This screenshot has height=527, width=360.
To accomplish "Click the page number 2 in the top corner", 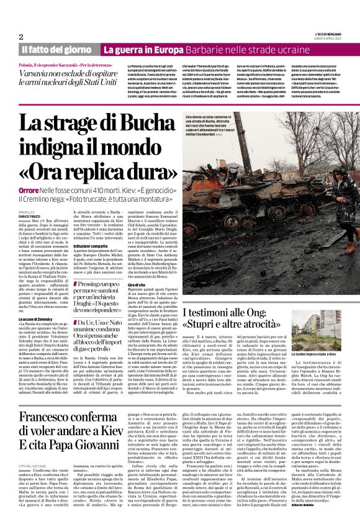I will click(21, 37).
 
